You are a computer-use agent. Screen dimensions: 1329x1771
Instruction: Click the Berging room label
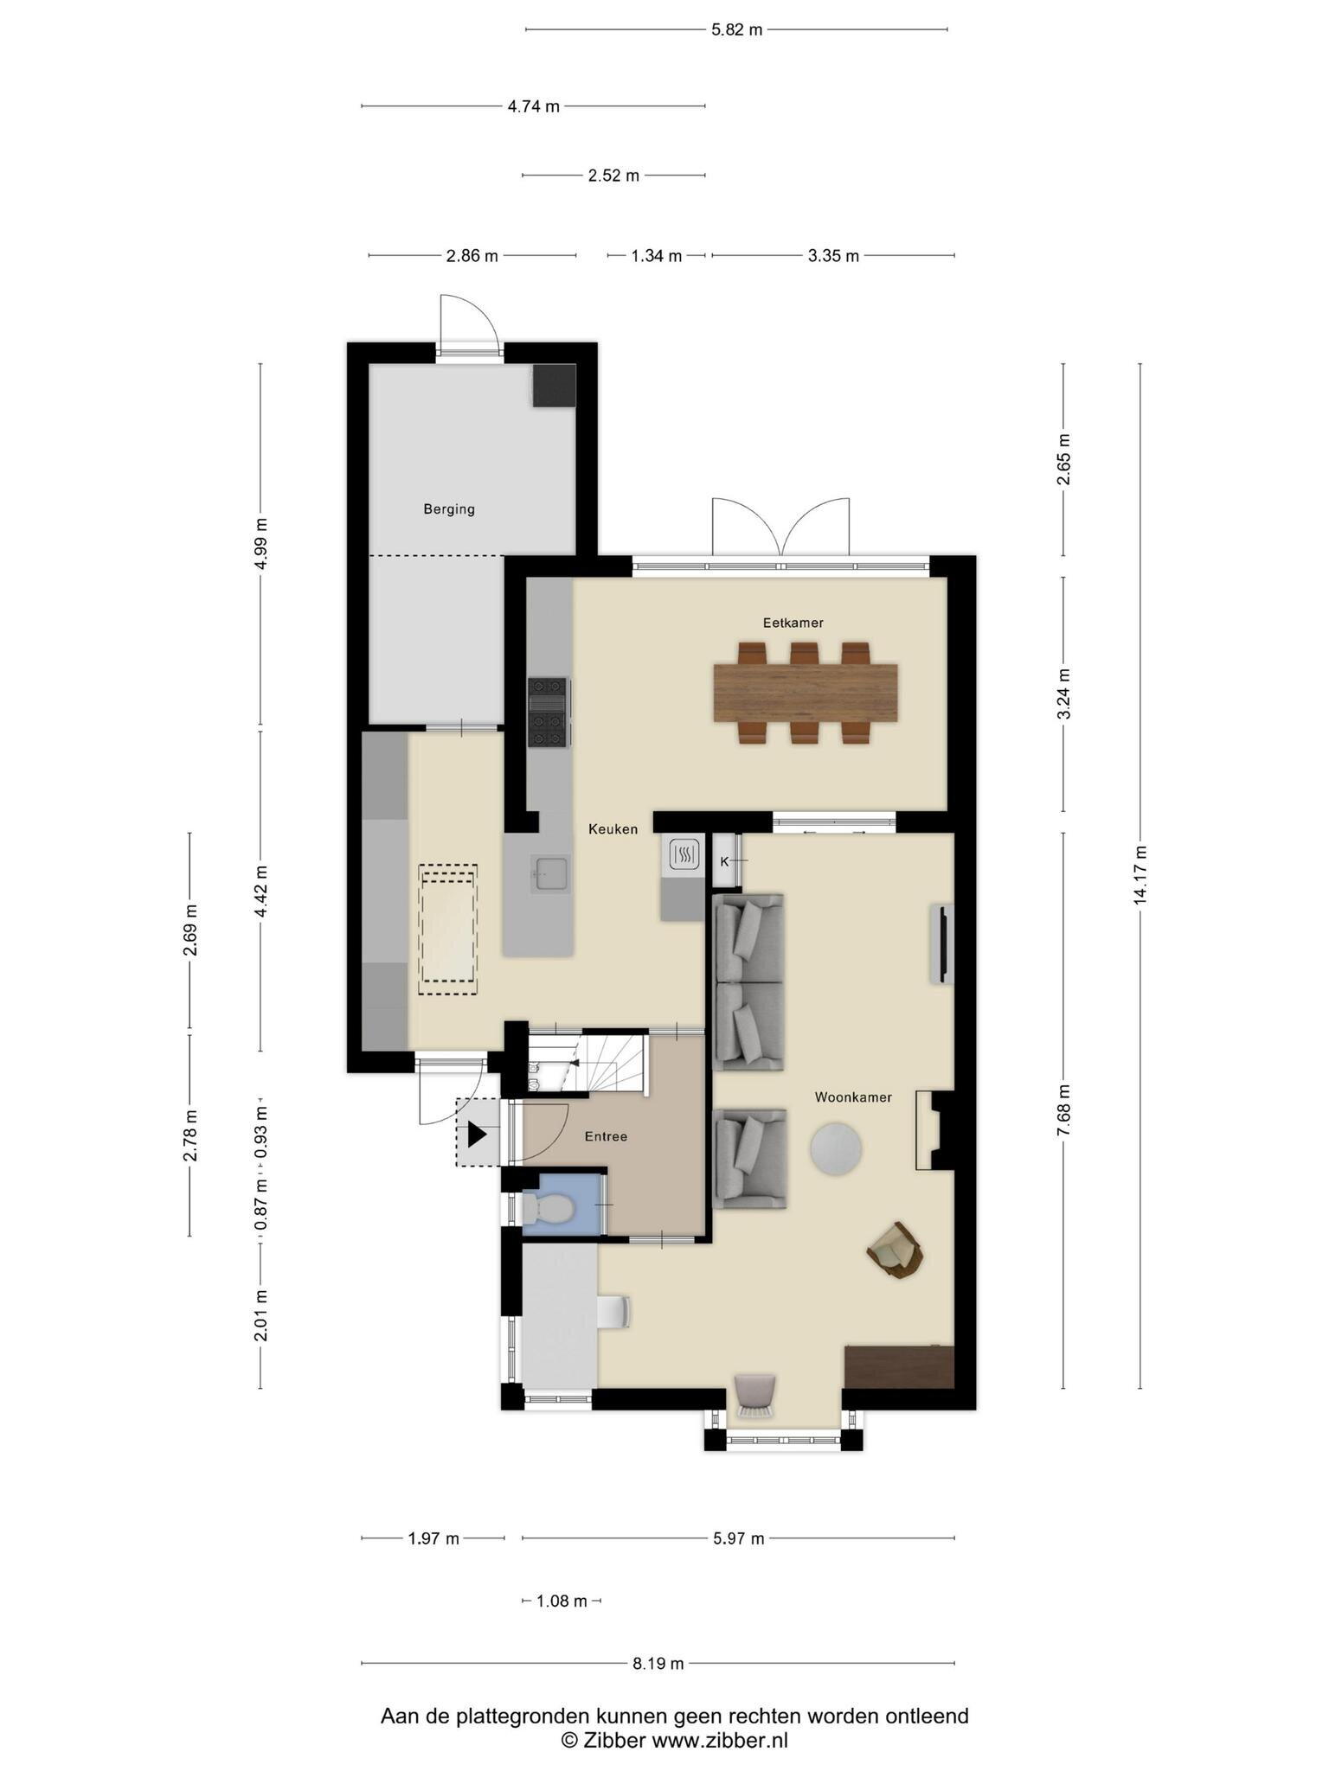(x=449, y=509)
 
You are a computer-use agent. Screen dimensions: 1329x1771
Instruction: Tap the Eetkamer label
(x=793, y=623)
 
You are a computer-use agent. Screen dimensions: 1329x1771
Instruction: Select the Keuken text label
(x=613, y=829)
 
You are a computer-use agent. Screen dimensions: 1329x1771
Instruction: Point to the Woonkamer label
(x=853, y=1097)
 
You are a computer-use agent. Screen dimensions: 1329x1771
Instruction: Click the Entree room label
(x=606, y=1136)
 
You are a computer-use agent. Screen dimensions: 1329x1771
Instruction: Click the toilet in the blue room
(x=549, y=1209)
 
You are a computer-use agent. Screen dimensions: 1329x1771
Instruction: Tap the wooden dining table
(x=806, y=692)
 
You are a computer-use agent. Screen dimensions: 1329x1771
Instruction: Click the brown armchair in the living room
(x=896, y=1250)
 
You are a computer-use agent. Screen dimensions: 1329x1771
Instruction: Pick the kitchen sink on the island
(x=550, y=873)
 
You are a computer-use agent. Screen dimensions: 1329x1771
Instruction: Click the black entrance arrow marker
(x=477, y=1134)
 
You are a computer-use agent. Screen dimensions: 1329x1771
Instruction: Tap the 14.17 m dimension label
(x=1140, y=874)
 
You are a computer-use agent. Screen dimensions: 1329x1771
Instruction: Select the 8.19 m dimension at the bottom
(x=658, y=1663)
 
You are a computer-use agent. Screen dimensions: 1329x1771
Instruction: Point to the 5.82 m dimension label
(x=737, y=30)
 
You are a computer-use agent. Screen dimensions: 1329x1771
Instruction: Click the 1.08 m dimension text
(x=562, y=1601)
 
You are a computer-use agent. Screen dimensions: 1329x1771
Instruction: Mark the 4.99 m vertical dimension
(x=260, y=544)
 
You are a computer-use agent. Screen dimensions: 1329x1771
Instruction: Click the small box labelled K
(x=725, y=861)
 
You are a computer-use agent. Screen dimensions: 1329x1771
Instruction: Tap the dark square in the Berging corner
(x=554, y=386)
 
